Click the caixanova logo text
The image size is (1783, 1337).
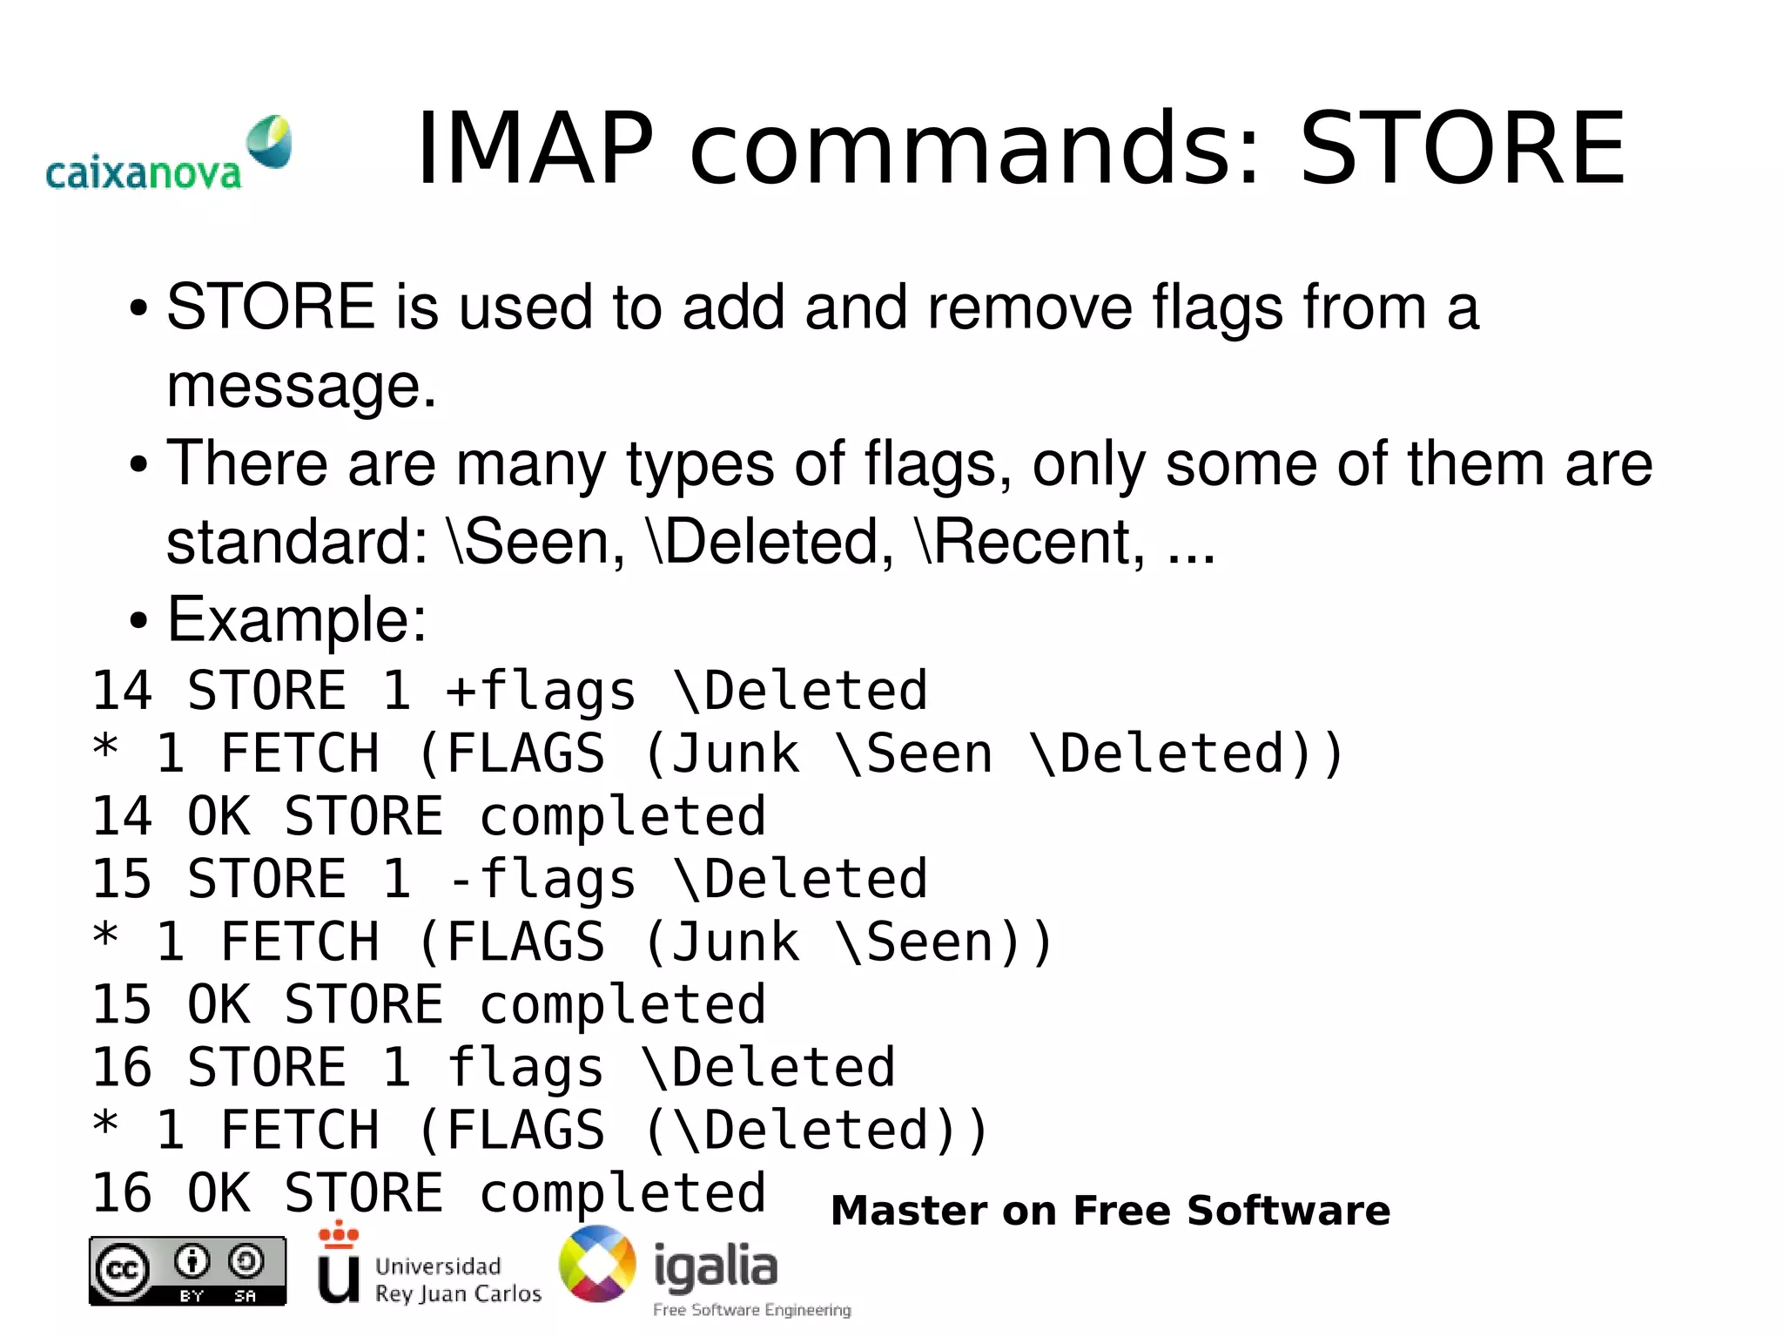[x=143, y=173]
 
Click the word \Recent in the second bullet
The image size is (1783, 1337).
[x=1031, y=542]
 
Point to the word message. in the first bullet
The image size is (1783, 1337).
[x=300, y=386]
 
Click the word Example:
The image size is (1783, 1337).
[x=297, y=620]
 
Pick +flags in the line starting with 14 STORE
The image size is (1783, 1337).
[x=541, y=692]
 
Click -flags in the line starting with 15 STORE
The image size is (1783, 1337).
[x=541, y=880]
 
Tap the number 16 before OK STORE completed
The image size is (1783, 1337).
[x=123, y=1193]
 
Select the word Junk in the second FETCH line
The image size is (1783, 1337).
[x=735, y=942]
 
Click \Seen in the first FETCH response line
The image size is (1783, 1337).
[x=913, y=754]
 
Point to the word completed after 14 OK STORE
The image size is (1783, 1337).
[x=622, y=817]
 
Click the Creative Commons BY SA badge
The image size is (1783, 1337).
[x=187, y=1271]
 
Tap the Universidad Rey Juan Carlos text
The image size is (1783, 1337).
[x=457, y=1280]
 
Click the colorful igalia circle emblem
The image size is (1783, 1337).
[x=597, y=1264]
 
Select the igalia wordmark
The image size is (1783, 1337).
[x=715, y=1266]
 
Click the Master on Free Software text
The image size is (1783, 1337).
[x=1110, y=1211]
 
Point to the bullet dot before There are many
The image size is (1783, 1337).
[x=138, y=465]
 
